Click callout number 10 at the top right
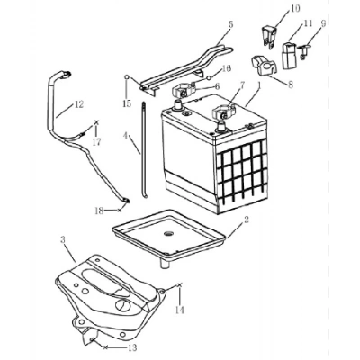click(295, 8)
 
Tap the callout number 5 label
click(230, 24)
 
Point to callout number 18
click(99, 211)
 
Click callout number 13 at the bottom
click(132, 347)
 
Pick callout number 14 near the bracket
click(180, 310)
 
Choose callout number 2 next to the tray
click(247, 220)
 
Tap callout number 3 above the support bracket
click(63, 239)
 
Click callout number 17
click(96, 141)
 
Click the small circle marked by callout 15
click(127, 77)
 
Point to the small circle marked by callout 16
click(208, 78)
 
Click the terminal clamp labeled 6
click(183, 91)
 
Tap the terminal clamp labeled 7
click(223, 112)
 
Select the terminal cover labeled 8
click(264, 65)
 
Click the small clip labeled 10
click(269, 36)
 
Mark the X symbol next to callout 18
click(119, 211)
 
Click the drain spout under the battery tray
click(165, 263)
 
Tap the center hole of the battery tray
click(168, 233)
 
